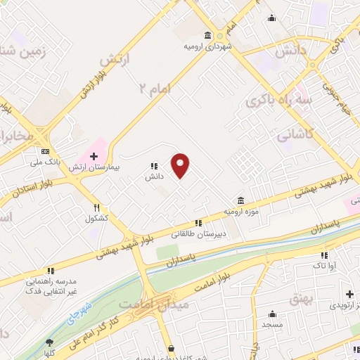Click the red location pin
point(181,165)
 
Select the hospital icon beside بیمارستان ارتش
point(93,155)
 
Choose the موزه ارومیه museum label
point(241,210)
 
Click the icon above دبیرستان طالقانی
point(198,222)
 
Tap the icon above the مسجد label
point(273,315)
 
